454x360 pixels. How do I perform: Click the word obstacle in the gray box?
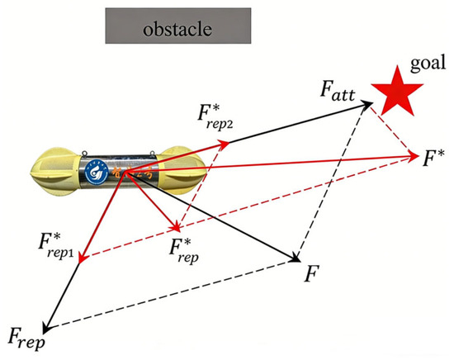(x=177, y=29)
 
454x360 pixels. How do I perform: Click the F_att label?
(x=338, y=91)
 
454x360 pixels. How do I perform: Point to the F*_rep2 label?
(x=215, y=116)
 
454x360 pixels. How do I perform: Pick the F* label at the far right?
(x=433, y=159)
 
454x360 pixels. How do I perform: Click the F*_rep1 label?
(x=56, y=245)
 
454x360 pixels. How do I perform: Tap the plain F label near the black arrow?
(x=311, y=273)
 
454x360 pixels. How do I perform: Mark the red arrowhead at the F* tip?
(x=413, y=157)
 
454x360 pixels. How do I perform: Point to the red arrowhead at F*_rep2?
(x=224, y=143)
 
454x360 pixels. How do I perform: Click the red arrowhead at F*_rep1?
(x=83, y=257)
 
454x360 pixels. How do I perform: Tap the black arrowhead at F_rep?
(x=47, y=326)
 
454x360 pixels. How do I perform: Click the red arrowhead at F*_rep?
(x=177, y=225)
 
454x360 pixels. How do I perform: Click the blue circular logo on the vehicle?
(x=97, y=172)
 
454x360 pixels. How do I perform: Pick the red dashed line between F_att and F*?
(x=392, y=131)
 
